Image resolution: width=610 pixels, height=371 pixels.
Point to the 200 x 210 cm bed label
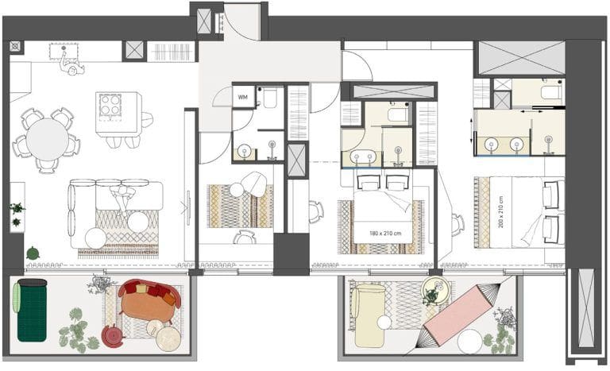click(501, 210)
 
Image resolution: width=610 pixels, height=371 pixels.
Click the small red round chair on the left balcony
click(113, 337)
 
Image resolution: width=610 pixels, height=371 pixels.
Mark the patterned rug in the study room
click(239, 207)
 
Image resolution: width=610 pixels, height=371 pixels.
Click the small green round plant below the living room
click(33, 253)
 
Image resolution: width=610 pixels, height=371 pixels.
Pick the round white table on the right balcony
click(470, 341)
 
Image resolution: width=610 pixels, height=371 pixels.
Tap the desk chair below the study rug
click(245, 236)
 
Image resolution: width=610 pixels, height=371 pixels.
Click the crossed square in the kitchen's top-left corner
click(14, 46)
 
